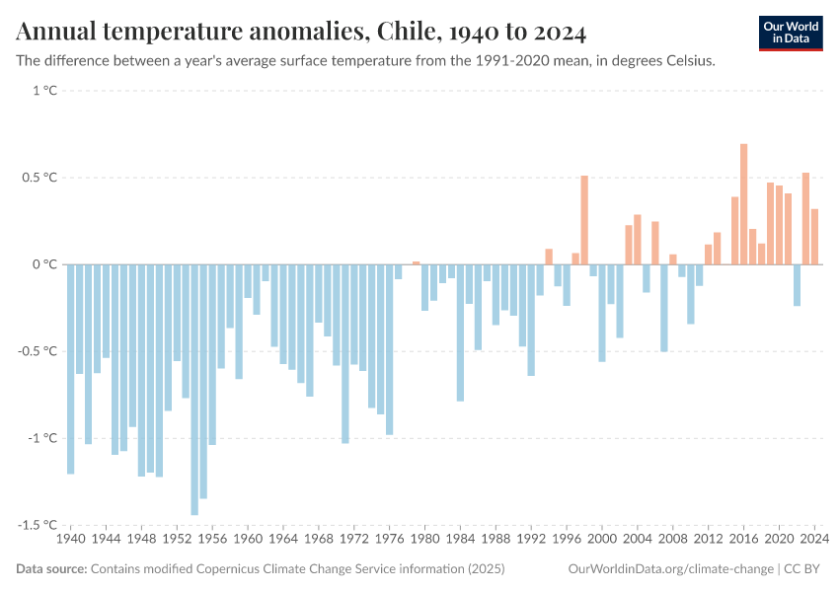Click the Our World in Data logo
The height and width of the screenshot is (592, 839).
791,33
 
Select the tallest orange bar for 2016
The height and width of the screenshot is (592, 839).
743,204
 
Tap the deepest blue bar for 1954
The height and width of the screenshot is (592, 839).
194,390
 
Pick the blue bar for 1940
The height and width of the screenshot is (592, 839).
71,369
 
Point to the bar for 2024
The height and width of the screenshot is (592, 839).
814,237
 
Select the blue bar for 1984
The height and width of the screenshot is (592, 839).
460,333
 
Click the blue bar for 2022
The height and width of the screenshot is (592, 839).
797,285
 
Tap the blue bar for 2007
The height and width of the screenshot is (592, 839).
664,308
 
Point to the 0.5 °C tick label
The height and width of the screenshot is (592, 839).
40,178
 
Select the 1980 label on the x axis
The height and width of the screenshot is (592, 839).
425,540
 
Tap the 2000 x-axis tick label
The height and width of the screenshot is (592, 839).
602,540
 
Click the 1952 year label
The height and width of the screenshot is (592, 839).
178,540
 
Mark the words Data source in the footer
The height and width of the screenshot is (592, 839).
51,569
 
